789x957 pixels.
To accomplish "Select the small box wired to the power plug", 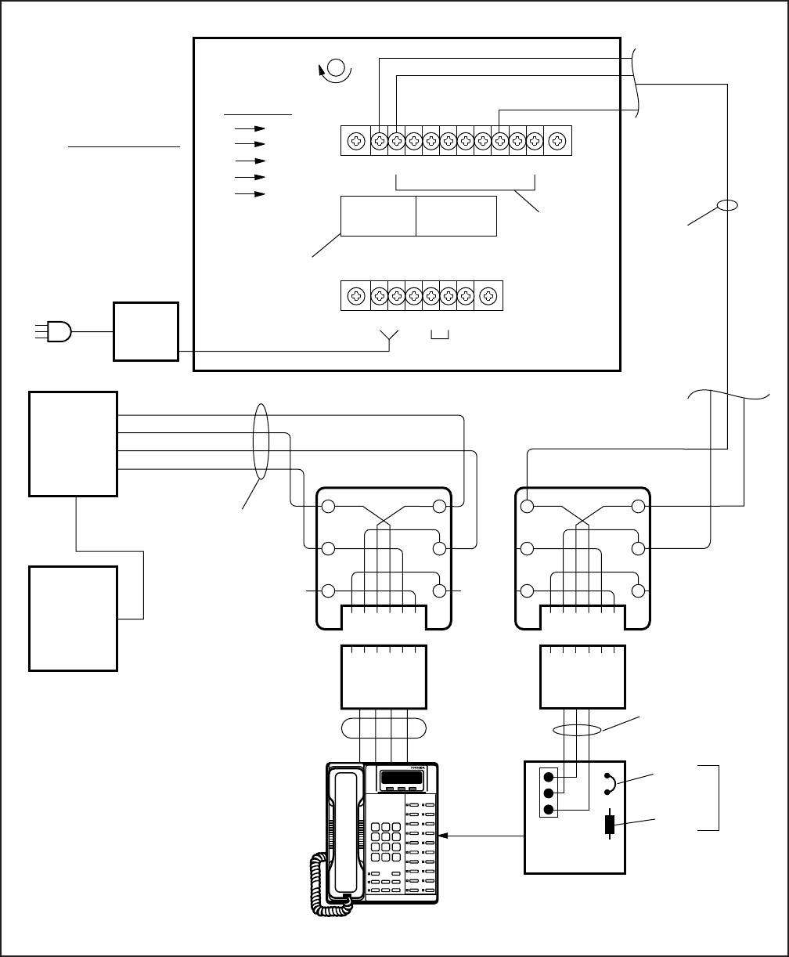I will click(x=146, y=331).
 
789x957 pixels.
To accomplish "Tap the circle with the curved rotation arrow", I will click(x=338, y=68).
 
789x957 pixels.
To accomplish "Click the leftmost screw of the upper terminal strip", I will click(x=356, y=141).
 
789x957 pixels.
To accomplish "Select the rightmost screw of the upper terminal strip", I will click(x=557, y=141).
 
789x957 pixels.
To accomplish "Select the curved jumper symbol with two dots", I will click(x=609, y=784).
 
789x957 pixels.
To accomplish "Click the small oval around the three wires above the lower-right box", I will click(x=578, y=731).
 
